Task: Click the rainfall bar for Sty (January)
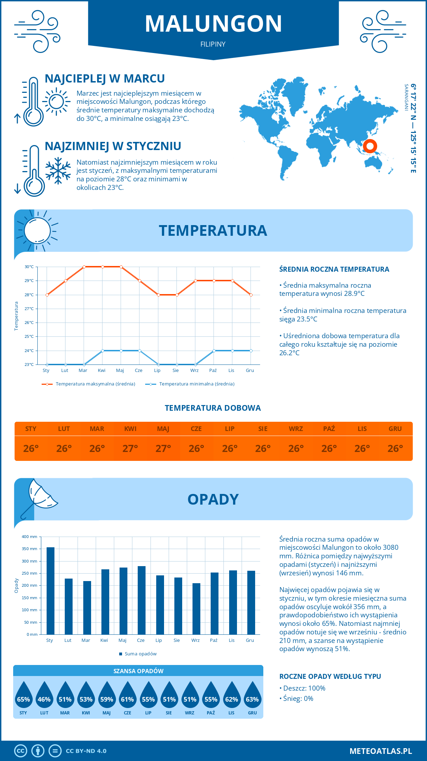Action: pos(51,591)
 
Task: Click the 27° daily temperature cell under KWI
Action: pos(130,448)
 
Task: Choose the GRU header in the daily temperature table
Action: pos(395,429)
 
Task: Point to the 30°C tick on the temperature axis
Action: pos(29,267)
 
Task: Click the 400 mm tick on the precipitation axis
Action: pos(30,537)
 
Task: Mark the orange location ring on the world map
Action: pos(370,146)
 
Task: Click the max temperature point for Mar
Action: pos(84,267)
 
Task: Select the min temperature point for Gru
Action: pos(251,351)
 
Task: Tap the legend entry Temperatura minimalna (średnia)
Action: pos(190,384)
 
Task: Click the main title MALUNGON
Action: pos(213,24)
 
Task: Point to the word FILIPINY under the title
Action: pos(213,44)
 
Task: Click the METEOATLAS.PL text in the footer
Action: pos(380,751)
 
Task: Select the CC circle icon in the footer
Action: pos(21,751)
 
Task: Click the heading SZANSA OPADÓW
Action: pos(138,671)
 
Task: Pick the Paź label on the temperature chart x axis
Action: pos(213,371)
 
